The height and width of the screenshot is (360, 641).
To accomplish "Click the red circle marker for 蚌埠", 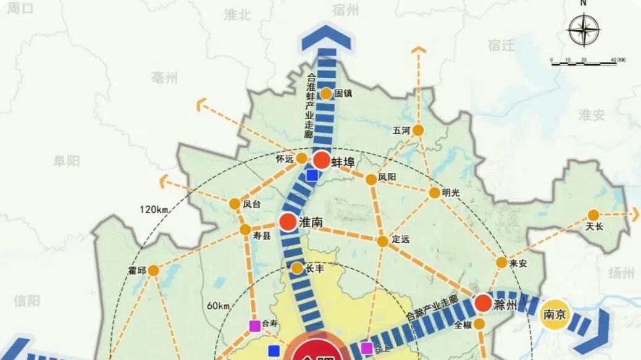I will point(322,161).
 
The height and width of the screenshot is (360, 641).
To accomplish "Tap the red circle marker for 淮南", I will point(288,223).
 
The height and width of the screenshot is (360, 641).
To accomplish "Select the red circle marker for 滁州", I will point(484,303).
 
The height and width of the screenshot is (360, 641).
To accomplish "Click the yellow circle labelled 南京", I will point(553,315).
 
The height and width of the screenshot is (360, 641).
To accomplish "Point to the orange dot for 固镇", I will point(326,94).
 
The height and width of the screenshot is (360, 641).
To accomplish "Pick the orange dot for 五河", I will point(418,130).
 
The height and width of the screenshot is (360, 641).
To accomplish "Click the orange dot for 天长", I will point(593,214).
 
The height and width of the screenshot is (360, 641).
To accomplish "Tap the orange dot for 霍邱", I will point(153,270).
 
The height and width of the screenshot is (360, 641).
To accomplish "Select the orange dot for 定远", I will point(383,240).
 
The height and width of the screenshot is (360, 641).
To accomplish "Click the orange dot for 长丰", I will point(297,268).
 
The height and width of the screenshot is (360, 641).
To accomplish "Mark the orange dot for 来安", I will point(501,262).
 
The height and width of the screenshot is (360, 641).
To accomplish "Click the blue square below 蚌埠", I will point(312,175).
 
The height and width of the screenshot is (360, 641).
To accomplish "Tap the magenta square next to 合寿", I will point(254,325).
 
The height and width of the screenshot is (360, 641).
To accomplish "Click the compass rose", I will point(584,30).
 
